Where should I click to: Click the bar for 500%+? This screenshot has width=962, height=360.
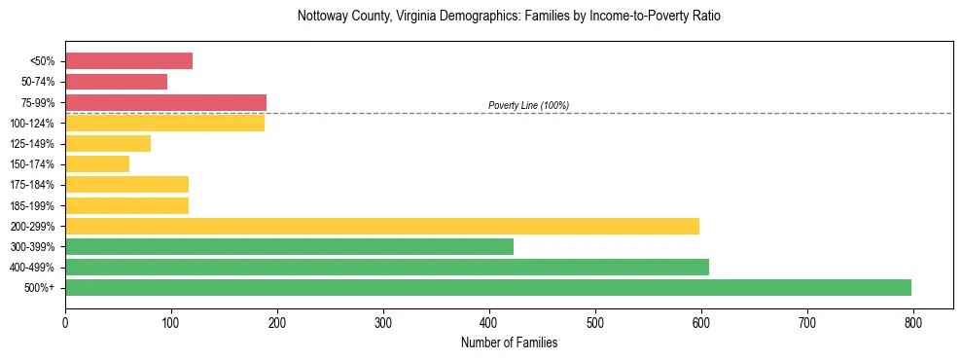[x=488, y=287]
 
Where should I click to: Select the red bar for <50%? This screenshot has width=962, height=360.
[x=128, y=61]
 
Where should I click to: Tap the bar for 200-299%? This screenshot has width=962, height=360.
[x=382, y=226]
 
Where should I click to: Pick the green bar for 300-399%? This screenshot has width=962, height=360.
[x=289, y=246]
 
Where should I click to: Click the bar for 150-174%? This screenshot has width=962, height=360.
[x=97, y=164]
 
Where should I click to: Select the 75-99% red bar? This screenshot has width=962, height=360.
[x=165, y=102]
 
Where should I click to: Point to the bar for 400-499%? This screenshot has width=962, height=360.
[x=387, y=267]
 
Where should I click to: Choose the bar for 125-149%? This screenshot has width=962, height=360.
[x=108, y=144]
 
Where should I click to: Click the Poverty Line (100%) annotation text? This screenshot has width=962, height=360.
[x=528, y=105]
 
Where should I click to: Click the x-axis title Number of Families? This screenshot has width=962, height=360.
[x=509, y=342]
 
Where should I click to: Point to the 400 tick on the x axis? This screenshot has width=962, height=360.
[x=489, y=322]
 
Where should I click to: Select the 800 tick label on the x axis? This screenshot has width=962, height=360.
[x=913, y=322]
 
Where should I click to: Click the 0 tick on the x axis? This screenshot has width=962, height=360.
[x=65, y=322]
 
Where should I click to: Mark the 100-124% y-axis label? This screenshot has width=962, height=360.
[x=32, y=124]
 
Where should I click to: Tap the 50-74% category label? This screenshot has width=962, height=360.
[x=37, y=82]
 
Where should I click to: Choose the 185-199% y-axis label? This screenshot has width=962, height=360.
[x=32, y=205]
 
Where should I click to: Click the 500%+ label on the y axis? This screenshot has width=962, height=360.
[x=40, y=288]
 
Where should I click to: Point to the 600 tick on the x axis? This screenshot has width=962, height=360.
[x=701, y=322]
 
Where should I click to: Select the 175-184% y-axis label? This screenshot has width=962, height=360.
[x=32, y=185]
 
